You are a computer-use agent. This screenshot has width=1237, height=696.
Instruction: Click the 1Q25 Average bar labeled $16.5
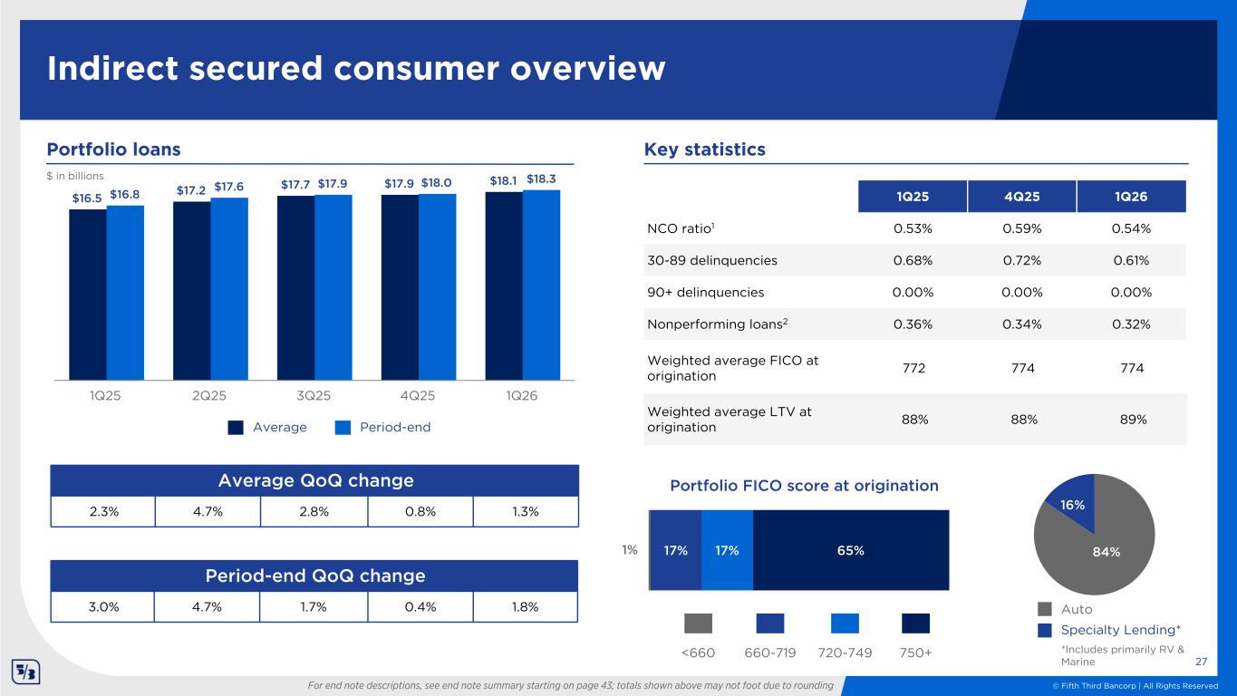pyautogui.click(x=87, y=295)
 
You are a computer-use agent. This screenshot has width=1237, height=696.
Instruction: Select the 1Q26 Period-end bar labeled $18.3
pyautogui.click(x=541, y=285)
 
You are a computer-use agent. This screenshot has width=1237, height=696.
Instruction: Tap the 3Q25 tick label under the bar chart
pyautogui.click(x=313, y=396)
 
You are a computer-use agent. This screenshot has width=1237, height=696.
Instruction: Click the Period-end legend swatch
pyautogui.click(x=343, y=428)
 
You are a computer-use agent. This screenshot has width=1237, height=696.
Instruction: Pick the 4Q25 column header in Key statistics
pyautogui.click(x=1021, y=196)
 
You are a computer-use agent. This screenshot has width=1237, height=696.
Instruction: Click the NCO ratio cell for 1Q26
pyautogui.click(x=1130, y=227)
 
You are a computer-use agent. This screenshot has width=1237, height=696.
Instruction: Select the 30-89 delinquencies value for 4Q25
pyautogui.click(x=1021, y=260)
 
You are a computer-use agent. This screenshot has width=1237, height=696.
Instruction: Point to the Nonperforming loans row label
pyautogui.click(x=701, y=324)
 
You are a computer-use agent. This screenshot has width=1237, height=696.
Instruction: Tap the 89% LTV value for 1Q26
pyautogui.click(x=1130, y=420)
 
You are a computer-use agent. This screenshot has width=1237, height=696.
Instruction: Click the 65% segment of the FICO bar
pyautogui.click(x=851, y=550)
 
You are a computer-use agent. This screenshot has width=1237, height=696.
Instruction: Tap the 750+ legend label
pyautogui.click(x=916, y=652)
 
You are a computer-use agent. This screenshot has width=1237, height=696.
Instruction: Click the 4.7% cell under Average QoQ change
pyautogui.click(x=208, y=511)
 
